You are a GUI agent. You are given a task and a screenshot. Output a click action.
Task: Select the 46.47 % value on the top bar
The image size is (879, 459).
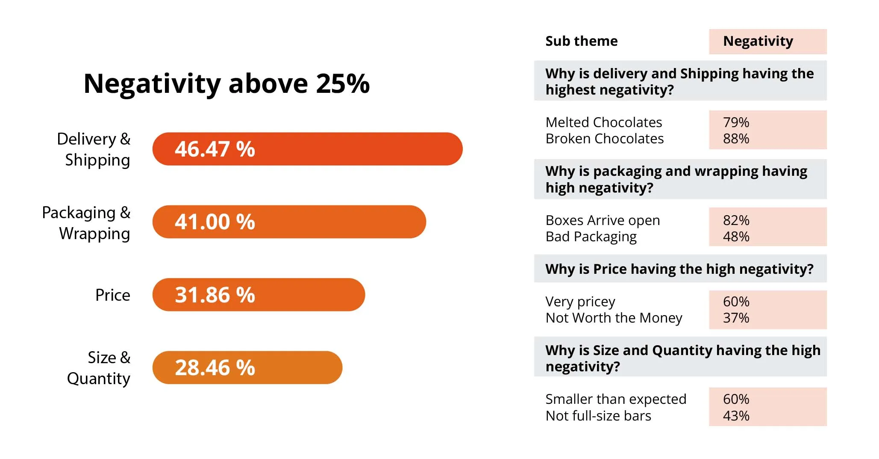coord(215,149)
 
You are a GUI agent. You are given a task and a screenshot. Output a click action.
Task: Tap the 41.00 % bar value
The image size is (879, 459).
coord(215,222)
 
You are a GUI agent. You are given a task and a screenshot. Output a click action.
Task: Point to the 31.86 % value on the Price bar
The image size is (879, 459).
coord(215,295)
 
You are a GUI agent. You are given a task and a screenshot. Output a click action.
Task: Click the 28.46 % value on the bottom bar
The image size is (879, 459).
coord(215,367)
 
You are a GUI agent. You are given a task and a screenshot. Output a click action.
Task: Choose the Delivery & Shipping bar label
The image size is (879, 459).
coord(94,149)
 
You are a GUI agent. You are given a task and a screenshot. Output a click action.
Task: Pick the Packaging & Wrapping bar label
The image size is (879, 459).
coord(86,223)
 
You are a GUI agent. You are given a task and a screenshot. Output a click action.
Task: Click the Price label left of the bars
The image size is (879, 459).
coord(112,295)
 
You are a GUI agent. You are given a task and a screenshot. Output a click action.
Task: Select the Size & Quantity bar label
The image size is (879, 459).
coord(99,368)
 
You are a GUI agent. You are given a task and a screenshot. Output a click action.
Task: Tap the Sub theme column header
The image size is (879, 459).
coord(581,41)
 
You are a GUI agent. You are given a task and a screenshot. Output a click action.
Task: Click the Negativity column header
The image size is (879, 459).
coord(758,41)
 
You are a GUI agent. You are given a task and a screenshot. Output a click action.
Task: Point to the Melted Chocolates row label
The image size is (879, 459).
coord(603,122)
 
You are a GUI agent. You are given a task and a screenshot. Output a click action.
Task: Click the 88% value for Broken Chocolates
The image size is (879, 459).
coord(736,139)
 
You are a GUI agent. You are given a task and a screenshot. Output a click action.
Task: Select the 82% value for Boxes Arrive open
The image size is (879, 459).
coord(736,220)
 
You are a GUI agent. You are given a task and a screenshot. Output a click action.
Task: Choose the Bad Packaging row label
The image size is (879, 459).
coord(591,237)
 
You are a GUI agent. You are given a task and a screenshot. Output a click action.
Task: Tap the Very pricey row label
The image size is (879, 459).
coord(580,302)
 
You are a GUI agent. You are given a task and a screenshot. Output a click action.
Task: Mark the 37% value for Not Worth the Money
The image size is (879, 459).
coord(736,318)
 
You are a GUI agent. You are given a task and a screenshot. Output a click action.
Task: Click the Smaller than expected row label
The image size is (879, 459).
coord(615,399)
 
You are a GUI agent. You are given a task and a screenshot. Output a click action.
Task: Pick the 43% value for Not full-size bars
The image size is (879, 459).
coord(736,416)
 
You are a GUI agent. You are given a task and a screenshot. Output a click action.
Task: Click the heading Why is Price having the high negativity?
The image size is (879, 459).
coord(679,269)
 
